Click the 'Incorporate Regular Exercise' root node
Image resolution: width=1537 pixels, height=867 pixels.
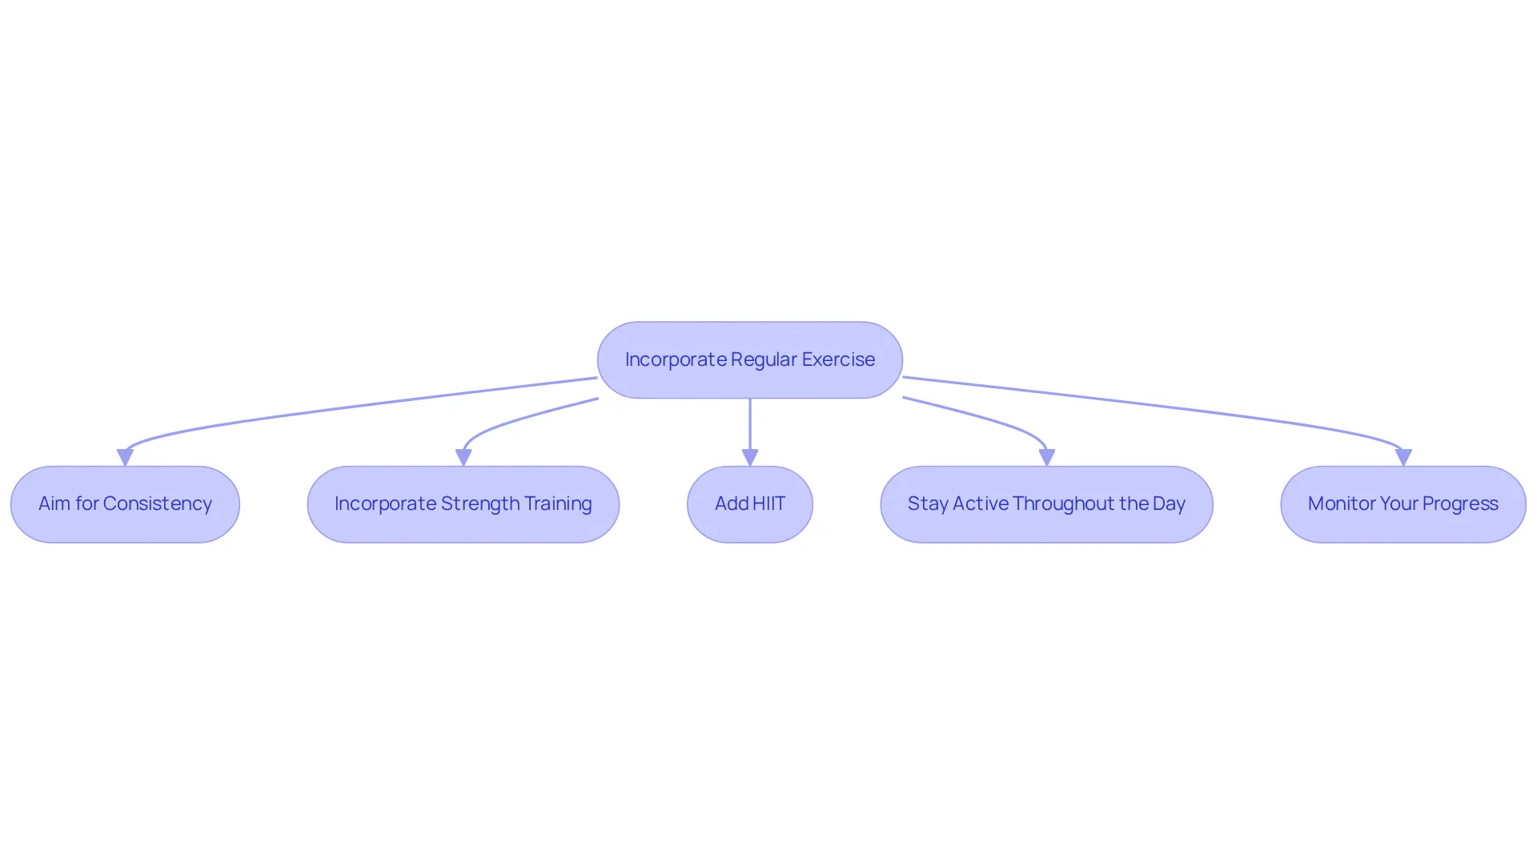coord(750,360)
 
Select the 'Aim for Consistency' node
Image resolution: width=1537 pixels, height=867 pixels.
coord(125,504)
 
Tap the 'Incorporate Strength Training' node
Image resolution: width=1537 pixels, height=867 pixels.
coord(464,504)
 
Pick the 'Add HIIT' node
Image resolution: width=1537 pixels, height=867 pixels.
coord(750,504)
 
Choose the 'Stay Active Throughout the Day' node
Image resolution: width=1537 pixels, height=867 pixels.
coord(1046,504)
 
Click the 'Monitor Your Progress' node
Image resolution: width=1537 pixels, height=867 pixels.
coord(1403,504)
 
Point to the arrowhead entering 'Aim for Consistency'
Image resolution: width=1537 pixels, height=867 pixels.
coord(125,457)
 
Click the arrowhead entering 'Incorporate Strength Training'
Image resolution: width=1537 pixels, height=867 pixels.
coord(464,457)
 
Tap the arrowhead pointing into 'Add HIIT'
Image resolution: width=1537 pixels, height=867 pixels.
coord(750,457)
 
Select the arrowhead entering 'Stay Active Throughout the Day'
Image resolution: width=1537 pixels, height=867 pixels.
coord(1046,457)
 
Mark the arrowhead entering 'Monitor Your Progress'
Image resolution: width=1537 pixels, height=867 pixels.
coord(1403,457)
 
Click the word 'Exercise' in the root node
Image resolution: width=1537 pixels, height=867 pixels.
coord(838,359)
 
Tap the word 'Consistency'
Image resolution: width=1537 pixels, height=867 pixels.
coord(158,504)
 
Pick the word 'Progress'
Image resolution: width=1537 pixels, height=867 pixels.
coord(1460,504)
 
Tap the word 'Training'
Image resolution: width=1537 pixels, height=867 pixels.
coord(558,504)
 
